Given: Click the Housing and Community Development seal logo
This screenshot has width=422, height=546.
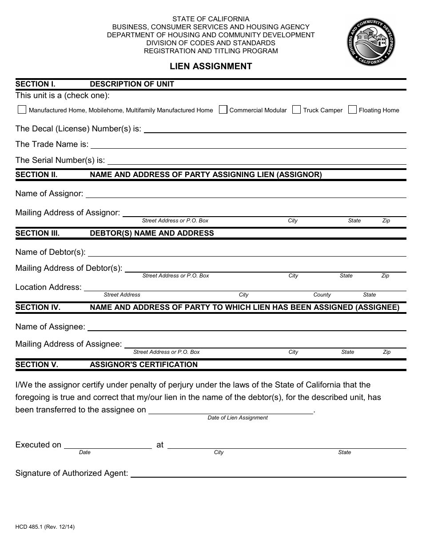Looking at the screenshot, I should (371, 42).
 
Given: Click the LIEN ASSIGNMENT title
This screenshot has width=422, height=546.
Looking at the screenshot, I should (211, 67).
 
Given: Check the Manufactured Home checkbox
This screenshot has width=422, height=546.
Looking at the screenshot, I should (22, 110).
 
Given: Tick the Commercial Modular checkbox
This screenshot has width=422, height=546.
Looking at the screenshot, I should (223, 110).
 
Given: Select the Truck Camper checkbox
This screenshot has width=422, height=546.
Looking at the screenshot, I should (297, 110).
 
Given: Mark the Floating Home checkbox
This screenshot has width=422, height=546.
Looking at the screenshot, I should (352, 110).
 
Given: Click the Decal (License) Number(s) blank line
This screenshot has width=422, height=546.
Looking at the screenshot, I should (275, 129).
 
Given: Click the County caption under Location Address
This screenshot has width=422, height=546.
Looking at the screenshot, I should (322, 295).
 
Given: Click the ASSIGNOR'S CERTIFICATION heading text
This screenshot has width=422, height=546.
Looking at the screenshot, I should (143, 364).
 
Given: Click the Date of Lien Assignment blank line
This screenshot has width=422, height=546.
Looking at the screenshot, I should (231, 410).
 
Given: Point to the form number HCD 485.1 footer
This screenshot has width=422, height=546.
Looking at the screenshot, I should (45, 527).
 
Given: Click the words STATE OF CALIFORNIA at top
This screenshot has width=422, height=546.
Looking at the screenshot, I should (211, 19).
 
